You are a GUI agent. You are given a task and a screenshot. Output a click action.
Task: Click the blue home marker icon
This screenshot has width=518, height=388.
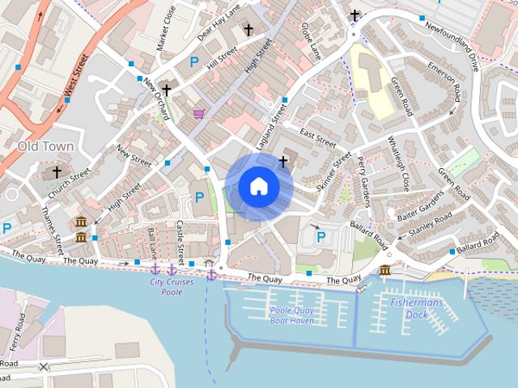(258, 187)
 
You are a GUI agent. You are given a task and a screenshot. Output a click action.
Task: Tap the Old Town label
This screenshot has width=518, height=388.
(45, 146)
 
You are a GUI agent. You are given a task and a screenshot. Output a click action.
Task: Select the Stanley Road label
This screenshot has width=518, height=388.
(431, 226)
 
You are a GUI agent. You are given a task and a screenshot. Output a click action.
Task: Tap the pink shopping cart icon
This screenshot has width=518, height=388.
(198, 114)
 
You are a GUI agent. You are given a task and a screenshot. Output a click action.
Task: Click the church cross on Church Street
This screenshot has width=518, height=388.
(57, 171)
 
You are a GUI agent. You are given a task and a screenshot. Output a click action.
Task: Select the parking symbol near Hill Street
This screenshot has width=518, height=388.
(193, 61)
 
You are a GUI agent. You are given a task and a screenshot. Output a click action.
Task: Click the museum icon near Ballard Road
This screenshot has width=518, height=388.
(385, 269)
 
